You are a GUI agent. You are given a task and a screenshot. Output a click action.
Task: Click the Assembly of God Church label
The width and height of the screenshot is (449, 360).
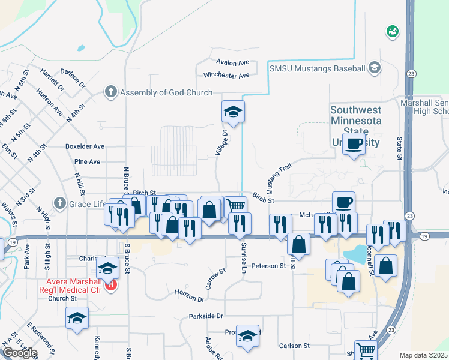(166, 92)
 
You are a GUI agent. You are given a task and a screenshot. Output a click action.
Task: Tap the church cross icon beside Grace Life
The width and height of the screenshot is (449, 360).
(59, 204)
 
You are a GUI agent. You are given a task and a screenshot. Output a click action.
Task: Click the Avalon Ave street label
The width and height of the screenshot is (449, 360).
(234, 62)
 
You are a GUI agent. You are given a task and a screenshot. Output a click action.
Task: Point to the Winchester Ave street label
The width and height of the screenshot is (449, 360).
(226, 76)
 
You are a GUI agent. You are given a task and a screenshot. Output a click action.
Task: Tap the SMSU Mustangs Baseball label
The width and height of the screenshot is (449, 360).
(318, 68)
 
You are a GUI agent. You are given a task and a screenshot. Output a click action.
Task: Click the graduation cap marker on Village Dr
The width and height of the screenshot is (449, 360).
(234, 112)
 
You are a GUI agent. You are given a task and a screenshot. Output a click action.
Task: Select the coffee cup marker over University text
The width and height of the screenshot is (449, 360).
(354, 144)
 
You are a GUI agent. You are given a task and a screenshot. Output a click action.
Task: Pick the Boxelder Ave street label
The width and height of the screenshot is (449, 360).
(85, 146)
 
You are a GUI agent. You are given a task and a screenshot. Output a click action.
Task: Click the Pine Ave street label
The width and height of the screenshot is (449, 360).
(87, 161)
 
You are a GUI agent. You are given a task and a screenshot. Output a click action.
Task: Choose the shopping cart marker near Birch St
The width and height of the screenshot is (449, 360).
(236, 207)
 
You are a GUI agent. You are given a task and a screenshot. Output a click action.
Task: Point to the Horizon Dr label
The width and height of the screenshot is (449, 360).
(190, 296)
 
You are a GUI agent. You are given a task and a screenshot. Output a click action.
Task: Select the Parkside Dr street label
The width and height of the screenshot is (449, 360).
(206, 316)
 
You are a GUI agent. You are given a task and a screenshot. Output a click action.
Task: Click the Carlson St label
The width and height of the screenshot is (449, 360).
(294, 346)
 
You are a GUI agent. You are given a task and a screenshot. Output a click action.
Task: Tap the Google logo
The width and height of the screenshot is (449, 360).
(20, 353)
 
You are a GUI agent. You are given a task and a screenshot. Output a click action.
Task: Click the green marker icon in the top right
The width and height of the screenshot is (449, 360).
(393, 31)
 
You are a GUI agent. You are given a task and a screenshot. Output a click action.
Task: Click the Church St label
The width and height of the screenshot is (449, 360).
(59, 298)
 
